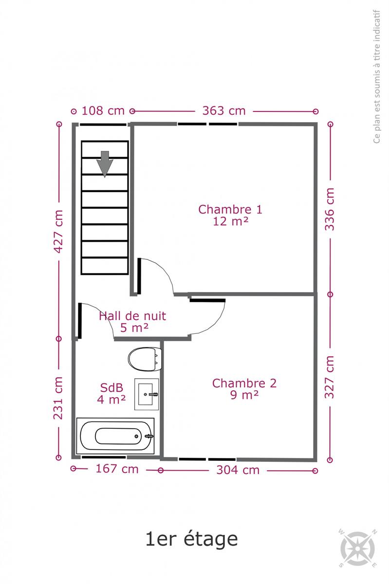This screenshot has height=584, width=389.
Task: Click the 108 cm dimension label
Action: point(103,111)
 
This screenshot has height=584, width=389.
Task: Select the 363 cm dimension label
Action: point(224,111)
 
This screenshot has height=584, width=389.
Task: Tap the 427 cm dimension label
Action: point(59,231)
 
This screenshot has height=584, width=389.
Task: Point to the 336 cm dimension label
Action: point(330,209)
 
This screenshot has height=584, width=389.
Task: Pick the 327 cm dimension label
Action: point(330,377)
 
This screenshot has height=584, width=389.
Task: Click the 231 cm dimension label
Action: point(58,398)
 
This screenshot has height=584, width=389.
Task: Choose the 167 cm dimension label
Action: point(117,469)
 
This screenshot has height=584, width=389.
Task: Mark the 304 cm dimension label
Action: point(238,470)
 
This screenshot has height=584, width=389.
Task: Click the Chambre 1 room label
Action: point(230,209)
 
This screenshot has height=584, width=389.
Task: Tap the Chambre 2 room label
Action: point(244,383)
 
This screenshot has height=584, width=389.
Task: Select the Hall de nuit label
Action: point(132,316)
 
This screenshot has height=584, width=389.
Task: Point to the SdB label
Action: point(111,388)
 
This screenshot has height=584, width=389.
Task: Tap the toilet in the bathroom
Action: point(145,359)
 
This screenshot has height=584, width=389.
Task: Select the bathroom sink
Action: point(147,394)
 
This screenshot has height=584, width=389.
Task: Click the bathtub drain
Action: point(136,436)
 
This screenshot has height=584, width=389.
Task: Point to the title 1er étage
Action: point(192,539)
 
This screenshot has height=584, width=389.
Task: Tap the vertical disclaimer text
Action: point(376,76)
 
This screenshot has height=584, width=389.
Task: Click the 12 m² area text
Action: point(230,221)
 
